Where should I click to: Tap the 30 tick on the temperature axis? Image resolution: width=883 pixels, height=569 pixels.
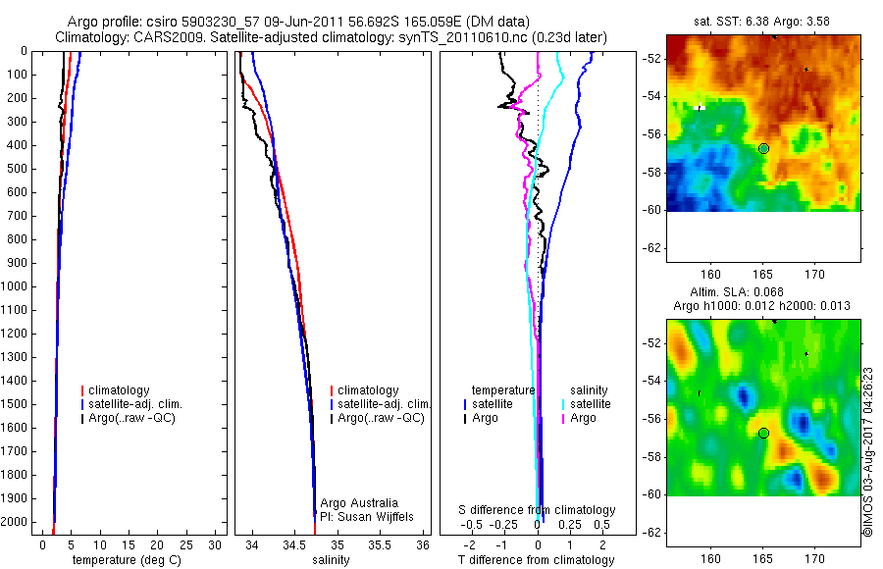click(217, 543)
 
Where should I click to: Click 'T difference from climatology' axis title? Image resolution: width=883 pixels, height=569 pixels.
click(536, 560)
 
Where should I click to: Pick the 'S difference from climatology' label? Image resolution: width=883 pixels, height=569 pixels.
click(537, 510)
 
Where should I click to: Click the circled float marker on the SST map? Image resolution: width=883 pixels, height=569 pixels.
click(763, 148)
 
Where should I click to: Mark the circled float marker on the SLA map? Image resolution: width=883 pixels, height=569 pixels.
click(763, 433)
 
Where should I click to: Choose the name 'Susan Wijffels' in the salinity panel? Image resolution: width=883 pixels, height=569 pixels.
click(367, 516)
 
